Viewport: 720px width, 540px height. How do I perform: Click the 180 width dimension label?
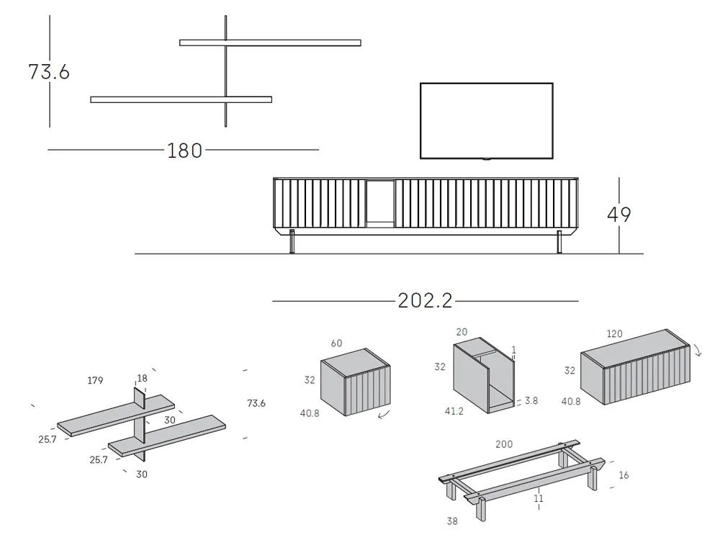point(184,150)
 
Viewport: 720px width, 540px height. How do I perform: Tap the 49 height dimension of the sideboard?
point(619,215)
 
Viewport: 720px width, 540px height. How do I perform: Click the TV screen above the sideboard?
point(487,120)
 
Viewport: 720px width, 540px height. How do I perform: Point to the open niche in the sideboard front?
point(379,204)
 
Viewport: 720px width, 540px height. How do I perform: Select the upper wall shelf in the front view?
point(270,42)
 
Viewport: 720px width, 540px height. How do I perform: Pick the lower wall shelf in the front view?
point(181,99)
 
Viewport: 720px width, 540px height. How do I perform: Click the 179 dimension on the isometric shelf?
point(95,380)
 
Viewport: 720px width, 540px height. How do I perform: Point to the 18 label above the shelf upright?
point(142,378)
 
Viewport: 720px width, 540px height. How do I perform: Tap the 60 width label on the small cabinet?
point(336,343)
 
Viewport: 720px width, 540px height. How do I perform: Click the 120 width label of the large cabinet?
point(614,334)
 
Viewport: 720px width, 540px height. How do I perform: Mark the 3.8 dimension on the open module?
point(531,400)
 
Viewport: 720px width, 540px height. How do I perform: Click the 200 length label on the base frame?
point(504,444)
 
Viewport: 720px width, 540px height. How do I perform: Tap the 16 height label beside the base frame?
point(624,475)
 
